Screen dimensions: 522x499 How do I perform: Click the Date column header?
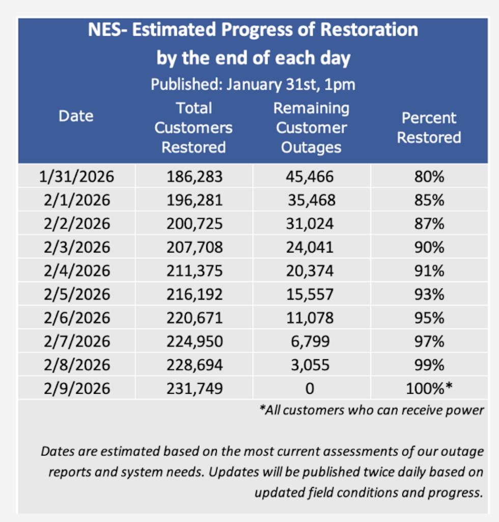pyautogui.click(x=76, y=116)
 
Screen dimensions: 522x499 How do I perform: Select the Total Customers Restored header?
pyautogui.click(x=193, y=128)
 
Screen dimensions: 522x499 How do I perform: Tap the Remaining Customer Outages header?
pyautogui.click(x=311, y=128)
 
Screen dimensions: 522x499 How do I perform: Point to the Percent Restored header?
pyautogui.click(x=429, y=128)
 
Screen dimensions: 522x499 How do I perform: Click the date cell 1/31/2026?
pyautogui.click(x=77, y=177)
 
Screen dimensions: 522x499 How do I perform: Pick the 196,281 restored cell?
pyautogui.click(x=195, y=200)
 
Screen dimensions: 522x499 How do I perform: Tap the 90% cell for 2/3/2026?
pyautogui.click(x=429, y=247)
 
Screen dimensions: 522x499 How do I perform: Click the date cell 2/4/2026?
pyautogui.click(x=77, y=271)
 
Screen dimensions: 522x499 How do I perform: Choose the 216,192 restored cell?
pyautogui.click(x=195, y=294)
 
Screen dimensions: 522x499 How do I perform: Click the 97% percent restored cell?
pyautogui.click(x=429, y=341)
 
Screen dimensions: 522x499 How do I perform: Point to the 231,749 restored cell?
pyautogui.click(x=195, y=389)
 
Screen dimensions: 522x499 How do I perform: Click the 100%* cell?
pyautogui.click(x=429, y=389)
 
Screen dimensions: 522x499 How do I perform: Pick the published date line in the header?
pyautogui.click(x=253, y=84)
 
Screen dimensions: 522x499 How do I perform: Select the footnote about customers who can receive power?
pyautogui.click(x=371, y=410)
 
